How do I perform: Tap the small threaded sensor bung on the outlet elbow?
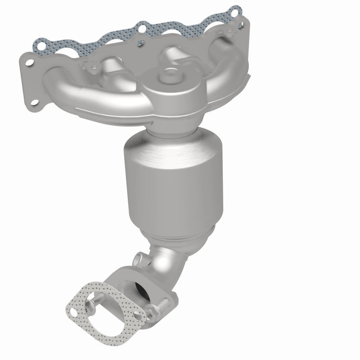pyautogui.click(x=139, y=260)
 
